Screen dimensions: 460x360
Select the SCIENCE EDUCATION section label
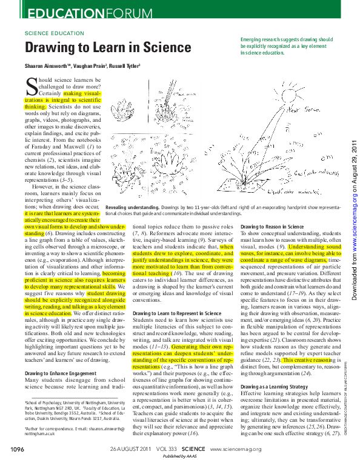coord(53,33)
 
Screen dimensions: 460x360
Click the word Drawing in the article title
coord(52,48)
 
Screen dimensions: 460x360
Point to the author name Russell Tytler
coord(125,65)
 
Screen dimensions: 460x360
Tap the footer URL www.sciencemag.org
coord(236,449)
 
